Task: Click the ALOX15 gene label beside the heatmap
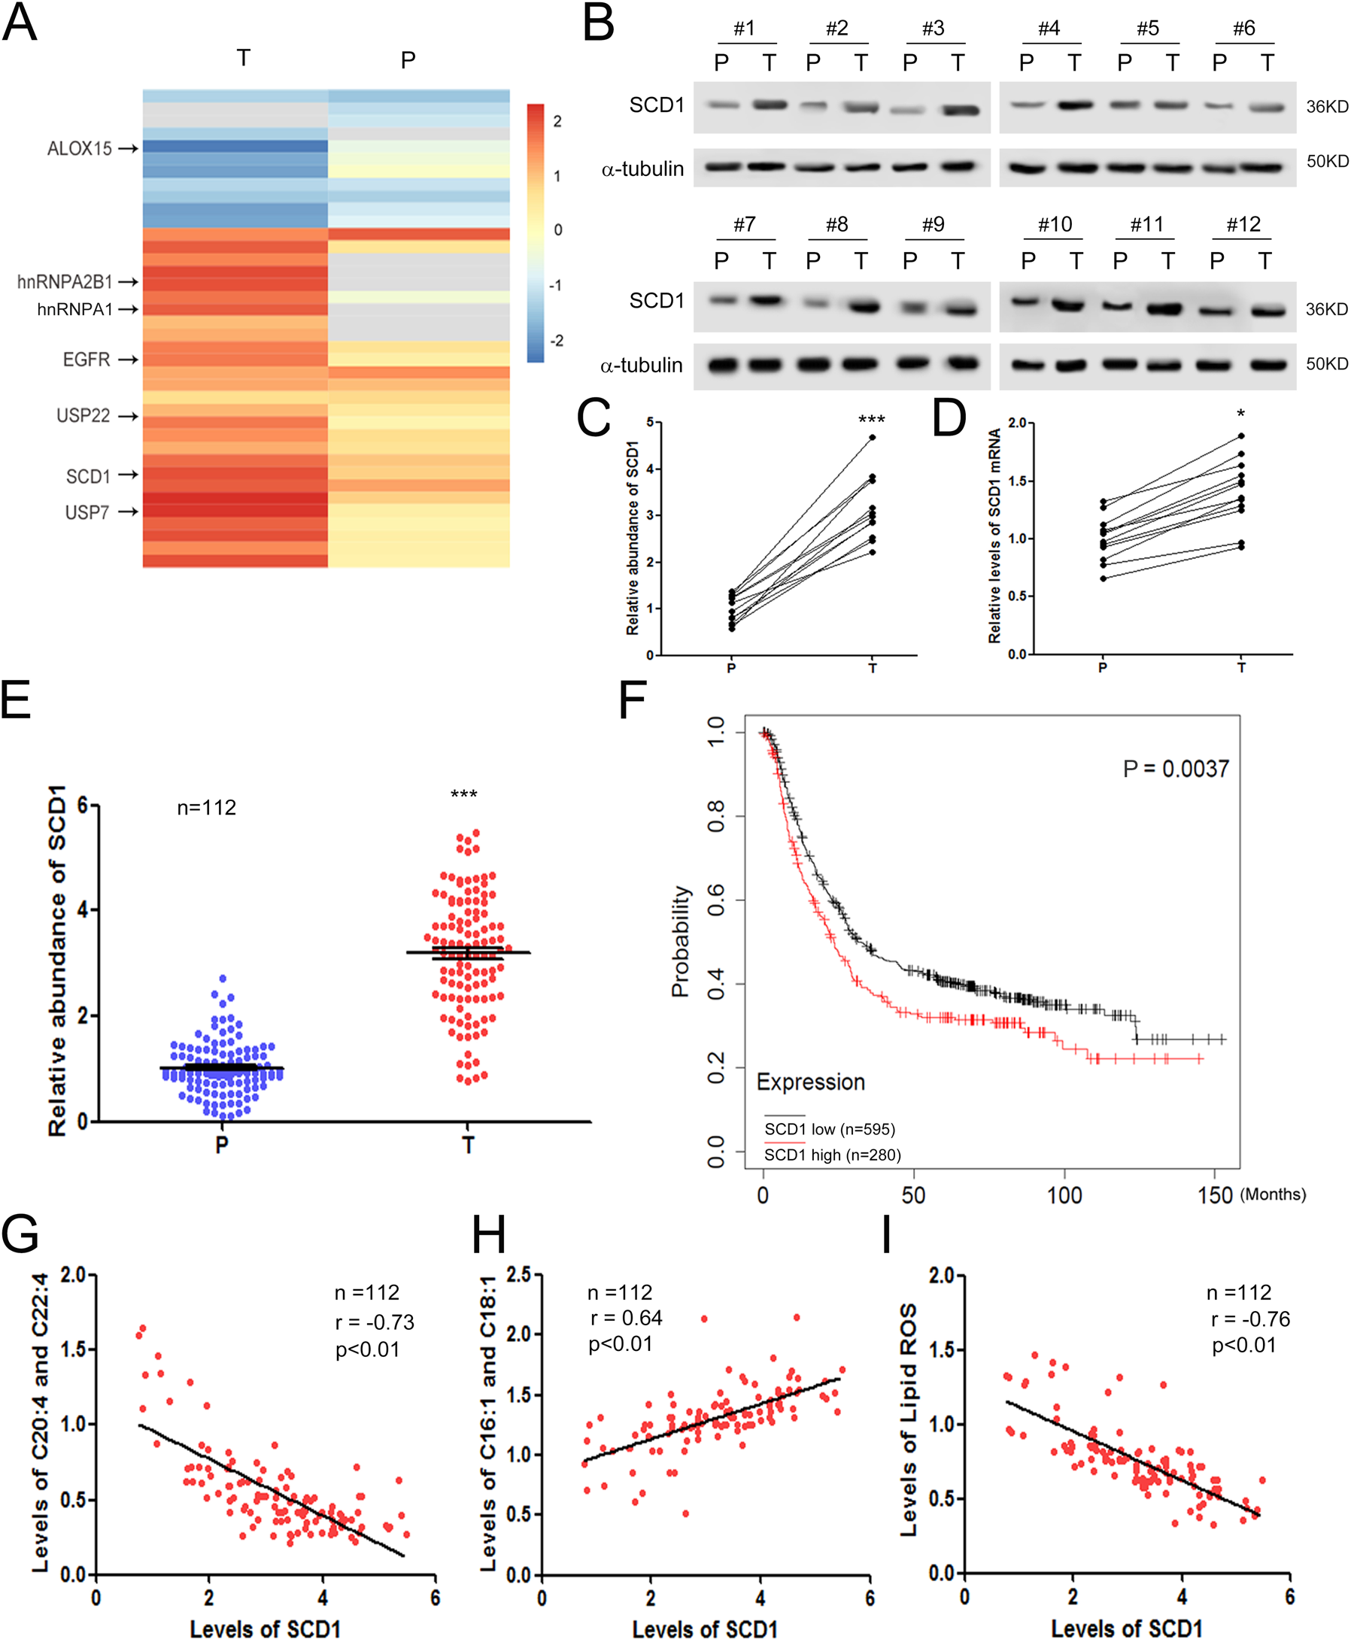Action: (x=80, y=148)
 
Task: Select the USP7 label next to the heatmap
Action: (x=87, y=512)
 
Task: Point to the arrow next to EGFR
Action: (x=129, y=360)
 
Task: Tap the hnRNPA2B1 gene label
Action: (x=65, y=282)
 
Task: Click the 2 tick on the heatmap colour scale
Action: (x=557, y=121)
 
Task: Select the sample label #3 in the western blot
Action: (x=933, y=29)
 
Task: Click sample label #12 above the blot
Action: (x=1243, y=225)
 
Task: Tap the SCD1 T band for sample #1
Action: (x=770, y=105)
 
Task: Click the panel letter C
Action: (x=593, y=419)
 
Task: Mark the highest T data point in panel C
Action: (x=873, y=437)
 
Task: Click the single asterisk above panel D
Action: (x=1240, y=414)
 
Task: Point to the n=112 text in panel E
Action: (x=206, y=808)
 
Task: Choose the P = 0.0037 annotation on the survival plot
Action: (x=1175, y=769)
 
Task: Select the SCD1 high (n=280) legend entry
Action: (x=832, y=1155)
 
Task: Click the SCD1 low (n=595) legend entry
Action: (x=830, y=1129)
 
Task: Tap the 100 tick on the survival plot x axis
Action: (x=1064, y=1194)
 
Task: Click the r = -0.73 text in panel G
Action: (x=375, y=1322)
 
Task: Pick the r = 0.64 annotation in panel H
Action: (x=626, y=1319)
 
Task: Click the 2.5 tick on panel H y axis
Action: (x=518, y=1275)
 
